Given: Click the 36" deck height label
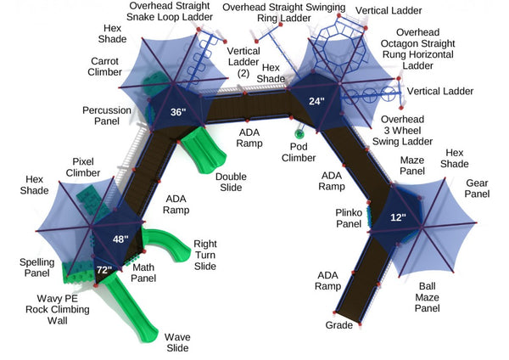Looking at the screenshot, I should click(x=177, y=113).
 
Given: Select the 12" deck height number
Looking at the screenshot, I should click(x=398, y=217).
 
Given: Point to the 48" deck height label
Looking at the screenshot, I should click(x=120, y=240).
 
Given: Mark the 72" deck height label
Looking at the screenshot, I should click(x=103, y=271).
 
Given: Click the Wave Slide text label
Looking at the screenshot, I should click(x=177, y=342).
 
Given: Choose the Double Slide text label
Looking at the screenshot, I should click(x=231, y=182).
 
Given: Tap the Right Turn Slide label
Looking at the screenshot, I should click(x=204, y=254).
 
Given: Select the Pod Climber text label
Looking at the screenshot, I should click(x=299, y=151).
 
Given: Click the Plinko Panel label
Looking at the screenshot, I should click(x=348, y=218).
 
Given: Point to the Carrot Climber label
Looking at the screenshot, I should click(x=109, y=67).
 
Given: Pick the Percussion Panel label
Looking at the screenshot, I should click(x=107, y=115).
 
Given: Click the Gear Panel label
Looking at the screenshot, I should click(x=478, y=188).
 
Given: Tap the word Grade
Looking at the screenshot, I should click(x=338, y=325).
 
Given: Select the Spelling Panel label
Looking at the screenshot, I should click(x=36, y=268).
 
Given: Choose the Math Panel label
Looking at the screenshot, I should click(x=143, y=273).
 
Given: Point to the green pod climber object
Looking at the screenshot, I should click(x=299, y=132).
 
